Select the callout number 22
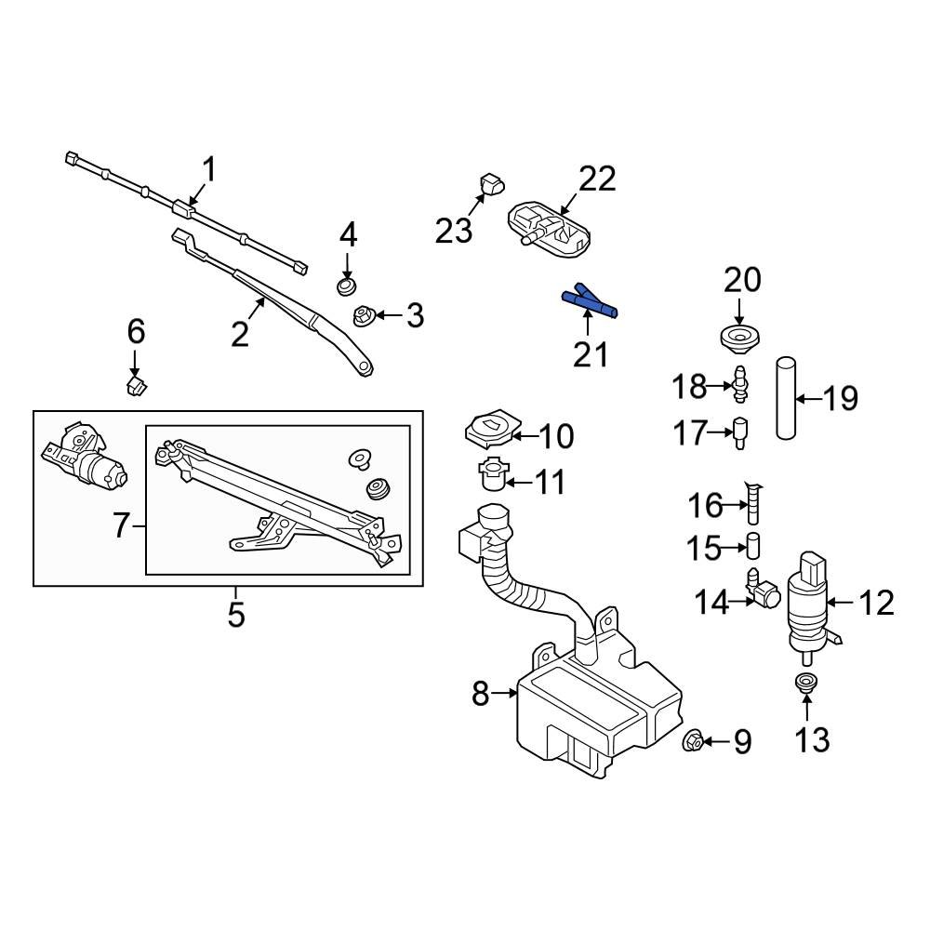(x=597, y=179)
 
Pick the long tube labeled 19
(x=786, y=400)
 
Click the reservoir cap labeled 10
(x=487, y=430)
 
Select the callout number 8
(x=480, y=693)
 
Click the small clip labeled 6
(x=137, y=383)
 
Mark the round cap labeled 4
(x=348, y=285)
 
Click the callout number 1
(x=209, y=170)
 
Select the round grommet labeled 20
(x=740, y=338)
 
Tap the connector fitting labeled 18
(x=741, y=385)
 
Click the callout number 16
(x=705, y=506)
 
